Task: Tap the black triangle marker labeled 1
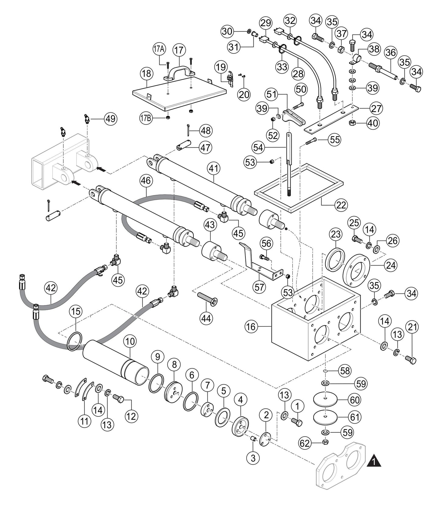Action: click(x=374, y=462)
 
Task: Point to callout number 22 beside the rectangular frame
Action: click(x=341, y=206)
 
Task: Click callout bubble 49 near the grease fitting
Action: click(x=111, y=119)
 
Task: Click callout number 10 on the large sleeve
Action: click(x=130, y=342)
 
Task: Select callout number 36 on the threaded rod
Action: click(x=391, y=53)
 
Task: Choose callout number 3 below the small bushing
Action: click(x=253, y=457)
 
